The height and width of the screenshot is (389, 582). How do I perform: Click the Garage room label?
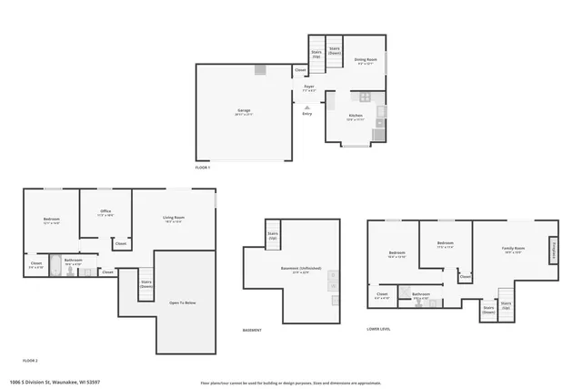point(244,111)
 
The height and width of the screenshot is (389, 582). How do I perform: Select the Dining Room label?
point(366,60)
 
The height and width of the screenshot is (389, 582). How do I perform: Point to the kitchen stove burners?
point(365,97)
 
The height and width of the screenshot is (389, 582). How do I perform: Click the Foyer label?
point(309,87)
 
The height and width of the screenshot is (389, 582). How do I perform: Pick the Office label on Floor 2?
point(105,211)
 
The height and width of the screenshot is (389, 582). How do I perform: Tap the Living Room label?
point(174,217)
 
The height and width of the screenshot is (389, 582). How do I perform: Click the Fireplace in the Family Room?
point(552,249)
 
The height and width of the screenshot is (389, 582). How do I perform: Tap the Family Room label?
point(514,249)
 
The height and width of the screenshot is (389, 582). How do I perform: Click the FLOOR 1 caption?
point(203,168)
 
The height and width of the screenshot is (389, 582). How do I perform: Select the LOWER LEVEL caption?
point(379,329)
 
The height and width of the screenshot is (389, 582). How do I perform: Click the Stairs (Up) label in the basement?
point(272,235)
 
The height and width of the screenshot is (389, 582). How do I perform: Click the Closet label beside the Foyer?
point(300,70)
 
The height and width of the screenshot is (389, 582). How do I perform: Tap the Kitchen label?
point(357,116)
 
